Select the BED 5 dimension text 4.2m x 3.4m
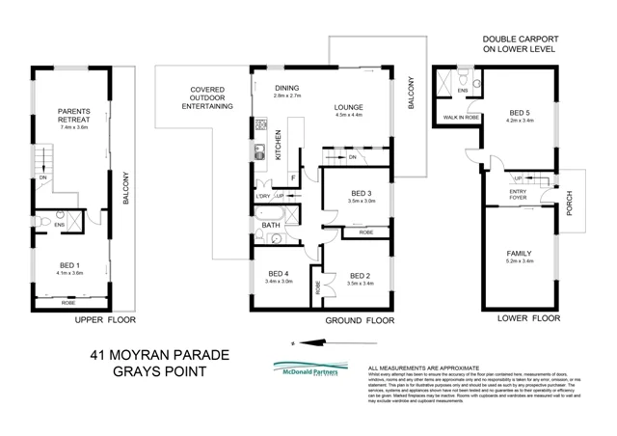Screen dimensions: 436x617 click(522, 121)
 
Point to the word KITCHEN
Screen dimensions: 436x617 click(279, 145)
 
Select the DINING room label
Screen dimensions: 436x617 click(286, 88)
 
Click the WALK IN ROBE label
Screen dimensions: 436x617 click(460, 117)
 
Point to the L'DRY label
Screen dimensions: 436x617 click(264, 196)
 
